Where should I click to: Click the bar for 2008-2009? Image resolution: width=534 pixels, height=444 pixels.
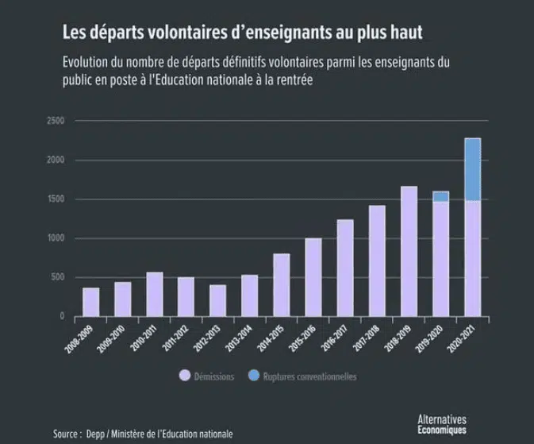91,302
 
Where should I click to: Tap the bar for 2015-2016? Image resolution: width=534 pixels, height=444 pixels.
313,277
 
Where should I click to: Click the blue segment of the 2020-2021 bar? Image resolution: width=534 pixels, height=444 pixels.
472,169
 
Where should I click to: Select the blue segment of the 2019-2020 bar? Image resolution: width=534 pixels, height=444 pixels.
440,196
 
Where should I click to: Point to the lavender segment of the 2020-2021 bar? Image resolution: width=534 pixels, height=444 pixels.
472,258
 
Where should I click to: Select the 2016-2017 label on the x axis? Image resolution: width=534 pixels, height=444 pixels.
339,339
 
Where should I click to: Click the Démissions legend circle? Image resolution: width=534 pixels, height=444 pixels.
184,376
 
